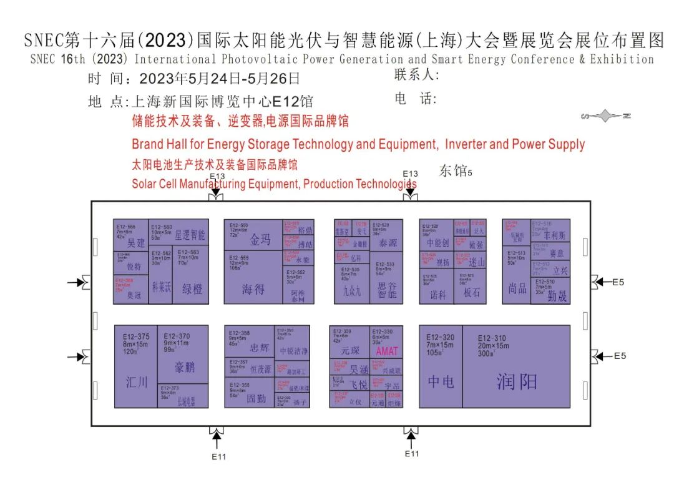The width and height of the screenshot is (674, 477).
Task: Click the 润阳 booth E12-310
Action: coord(516,366)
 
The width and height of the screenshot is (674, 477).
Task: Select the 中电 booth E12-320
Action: coord(441,366)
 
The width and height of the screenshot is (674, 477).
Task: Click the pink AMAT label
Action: coord(387,352)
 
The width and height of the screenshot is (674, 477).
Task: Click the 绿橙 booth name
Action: coord(192,289)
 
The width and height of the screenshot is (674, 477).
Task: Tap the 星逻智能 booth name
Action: coord(190,235)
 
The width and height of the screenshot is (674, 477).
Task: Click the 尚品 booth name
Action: coord(517,288)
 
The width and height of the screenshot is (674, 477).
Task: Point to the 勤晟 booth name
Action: coord(557,296)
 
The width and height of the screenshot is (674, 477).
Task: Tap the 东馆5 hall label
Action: coord(456,171)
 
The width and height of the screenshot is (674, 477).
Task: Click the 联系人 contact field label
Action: coord(417,76)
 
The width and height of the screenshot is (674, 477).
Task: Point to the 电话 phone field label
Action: coord(417,99)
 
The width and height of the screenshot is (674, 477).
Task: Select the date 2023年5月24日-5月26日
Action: coord(220,79)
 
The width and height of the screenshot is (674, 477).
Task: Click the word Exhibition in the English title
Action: coord(622,60)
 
